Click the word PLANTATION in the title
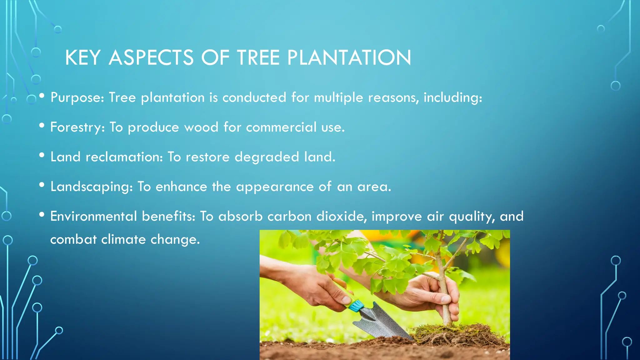[x=349, y=58]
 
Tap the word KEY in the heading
[x=83, y=58]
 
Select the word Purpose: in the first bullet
[x=77, y=97]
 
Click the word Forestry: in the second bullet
[x=77, y=127]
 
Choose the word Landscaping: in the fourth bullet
[x=92, y=187]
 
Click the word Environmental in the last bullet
[x=93, y=216]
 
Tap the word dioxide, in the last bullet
[x=342, y=216]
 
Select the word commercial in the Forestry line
[x=281, y=127]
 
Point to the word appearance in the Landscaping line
[x=275, y=187]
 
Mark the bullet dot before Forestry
[x=42, y=126]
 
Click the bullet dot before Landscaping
[x=42, y=185]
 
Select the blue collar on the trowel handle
[x=357, y=305]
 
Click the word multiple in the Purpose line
[x=338, y=97]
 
